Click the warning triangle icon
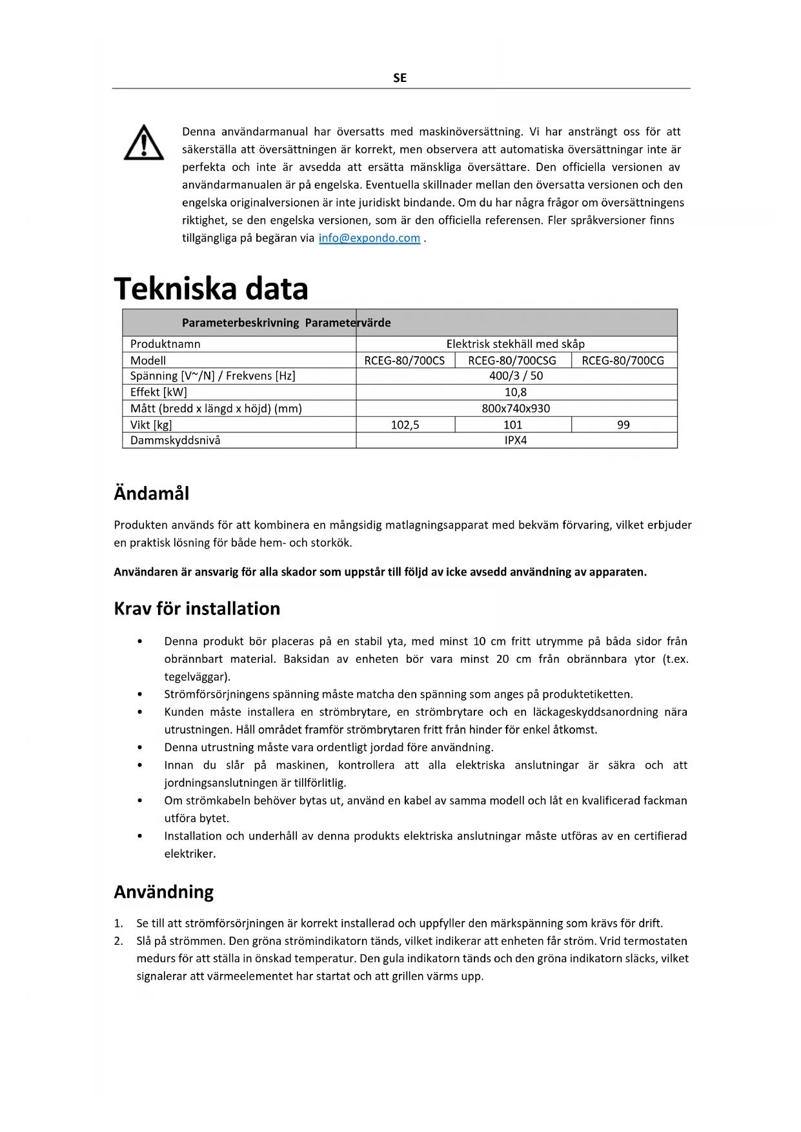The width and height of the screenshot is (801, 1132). [x=144, y=143]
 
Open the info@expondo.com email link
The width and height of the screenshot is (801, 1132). [x=369, y=238]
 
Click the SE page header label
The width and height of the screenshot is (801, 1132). [x=400, y=78]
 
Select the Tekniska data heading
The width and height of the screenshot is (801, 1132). [x=211, y=288]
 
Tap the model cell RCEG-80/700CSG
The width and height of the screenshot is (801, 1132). [x=512, y=360]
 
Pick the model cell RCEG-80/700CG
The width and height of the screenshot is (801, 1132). [x=623, y=360]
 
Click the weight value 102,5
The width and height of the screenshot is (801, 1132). [x=405, y=425]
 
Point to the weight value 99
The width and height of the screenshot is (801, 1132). [x=623, y=425]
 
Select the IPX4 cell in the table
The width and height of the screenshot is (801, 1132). [x=516, y=440]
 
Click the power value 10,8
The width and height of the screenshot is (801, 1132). [x=516, y=392]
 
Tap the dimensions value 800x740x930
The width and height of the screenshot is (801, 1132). [x=516, y=409]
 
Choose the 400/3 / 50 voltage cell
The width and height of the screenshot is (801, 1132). [x=516, y=376]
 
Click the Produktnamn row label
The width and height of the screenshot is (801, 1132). [x=165, y=344]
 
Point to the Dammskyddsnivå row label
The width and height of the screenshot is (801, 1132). [x=175, y=440]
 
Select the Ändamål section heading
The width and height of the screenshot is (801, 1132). [x=152, y=494]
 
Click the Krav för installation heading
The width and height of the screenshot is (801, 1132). [x=197, y=609]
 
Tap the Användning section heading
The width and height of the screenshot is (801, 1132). [x=164, y=892]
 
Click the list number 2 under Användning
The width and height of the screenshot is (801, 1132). [x=119, y=941]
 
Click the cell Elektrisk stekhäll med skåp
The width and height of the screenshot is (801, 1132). [x=516, y=344]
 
